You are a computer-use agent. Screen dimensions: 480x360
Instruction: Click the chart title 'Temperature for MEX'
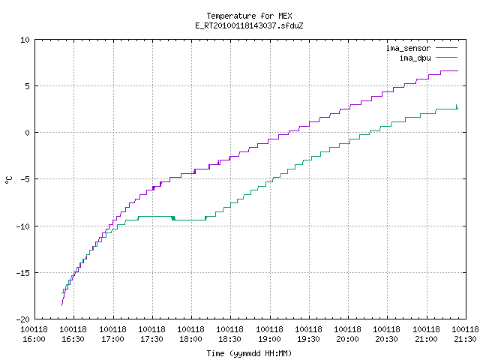click(249, 16)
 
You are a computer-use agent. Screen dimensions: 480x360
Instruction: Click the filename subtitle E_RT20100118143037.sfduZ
click(249, 25)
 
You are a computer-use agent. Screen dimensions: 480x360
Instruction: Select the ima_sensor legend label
click(408, 48)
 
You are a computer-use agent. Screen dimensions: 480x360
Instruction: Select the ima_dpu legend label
click(415, 58)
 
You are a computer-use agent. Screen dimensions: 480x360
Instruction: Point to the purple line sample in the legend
click(447, 48)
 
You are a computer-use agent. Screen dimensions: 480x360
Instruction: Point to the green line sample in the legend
click(447, 58)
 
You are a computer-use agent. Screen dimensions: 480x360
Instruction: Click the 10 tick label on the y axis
click(25, 40)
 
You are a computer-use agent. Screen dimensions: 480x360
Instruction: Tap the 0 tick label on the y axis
click(28, 133)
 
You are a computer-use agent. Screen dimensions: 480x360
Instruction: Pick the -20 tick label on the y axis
click(23, 319)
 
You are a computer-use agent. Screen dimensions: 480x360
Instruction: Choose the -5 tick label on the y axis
click(25, 179)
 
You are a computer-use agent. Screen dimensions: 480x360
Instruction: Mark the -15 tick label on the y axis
click(23, 273)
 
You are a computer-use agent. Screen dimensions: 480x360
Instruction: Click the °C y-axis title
click(9, 180)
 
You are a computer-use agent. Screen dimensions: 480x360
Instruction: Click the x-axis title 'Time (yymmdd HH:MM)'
click(249, 353)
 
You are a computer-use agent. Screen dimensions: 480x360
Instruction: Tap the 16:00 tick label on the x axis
click(34, 334)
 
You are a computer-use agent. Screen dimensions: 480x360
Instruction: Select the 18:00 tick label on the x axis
click(190, 334)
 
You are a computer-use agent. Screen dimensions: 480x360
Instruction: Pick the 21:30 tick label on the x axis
click(465, 334)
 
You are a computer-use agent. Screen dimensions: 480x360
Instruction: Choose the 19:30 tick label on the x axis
click(308, 334)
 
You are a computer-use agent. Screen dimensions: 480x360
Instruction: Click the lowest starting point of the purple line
click(61, 305)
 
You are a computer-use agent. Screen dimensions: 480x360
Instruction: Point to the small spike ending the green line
click(457, 106)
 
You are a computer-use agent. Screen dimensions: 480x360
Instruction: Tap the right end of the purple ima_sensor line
click(458, 70)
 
